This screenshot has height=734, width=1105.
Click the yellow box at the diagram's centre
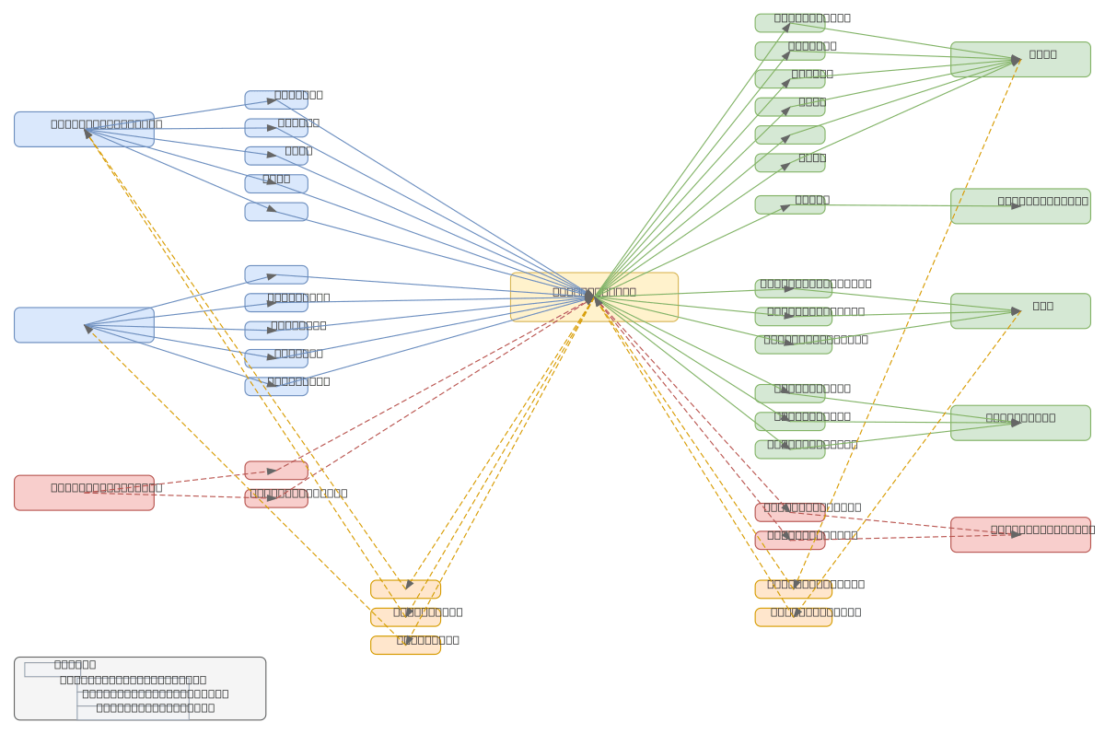(594, 297)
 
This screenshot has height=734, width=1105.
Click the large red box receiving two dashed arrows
(1020, 534)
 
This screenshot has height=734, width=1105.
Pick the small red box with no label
(276, 471)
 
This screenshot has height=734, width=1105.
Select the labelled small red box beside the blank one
(276, 498)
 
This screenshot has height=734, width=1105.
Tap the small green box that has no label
(789, 134)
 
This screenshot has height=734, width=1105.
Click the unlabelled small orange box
(405, 589)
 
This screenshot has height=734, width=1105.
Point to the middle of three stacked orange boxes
(405, 617)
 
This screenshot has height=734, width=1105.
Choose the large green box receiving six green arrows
(1020, 59)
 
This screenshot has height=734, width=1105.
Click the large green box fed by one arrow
(1020, 206)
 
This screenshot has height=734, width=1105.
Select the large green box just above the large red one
(1020, 423)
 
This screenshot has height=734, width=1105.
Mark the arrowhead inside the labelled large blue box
(87, 133)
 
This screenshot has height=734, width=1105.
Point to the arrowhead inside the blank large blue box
(88, 327)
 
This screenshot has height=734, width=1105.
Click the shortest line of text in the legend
(75, 664)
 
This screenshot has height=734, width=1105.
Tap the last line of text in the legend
(155, 707)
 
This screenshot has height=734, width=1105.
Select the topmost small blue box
(276, 99)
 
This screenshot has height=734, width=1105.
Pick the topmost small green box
(789, 23)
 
